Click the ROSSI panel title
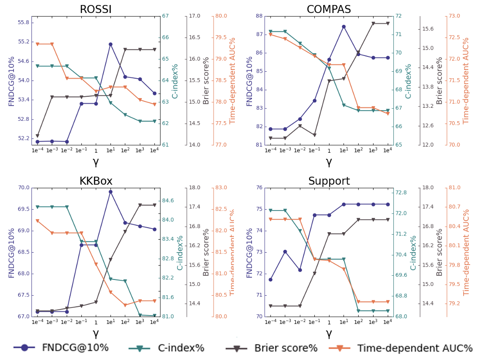point(96,9)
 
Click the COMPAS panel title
point(329,9)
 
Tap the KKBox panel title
point(96,181)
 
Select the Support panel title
point(329,181)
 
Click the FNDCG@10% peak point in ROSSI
point(110,44)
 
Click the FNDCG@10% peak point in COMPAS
point(343,26)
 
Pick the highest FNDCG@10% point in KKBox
point(110,192)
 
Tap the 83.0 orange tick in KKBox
point(221,188)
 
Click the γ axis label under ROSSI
point(96,161)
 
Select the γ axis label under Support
point(329,333)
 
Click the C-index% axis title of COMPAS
point(408,81)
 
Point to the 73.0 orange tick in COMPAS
point(453,16)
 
